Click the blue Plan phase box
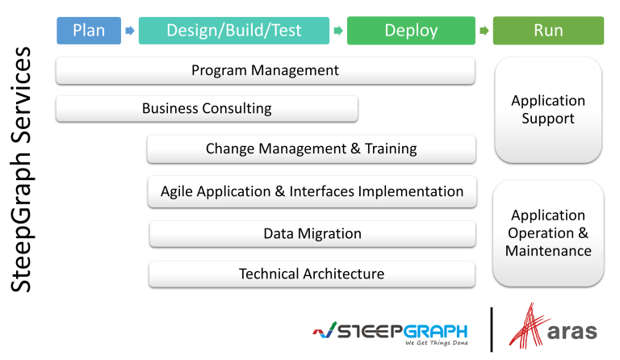click(x=89, y=31)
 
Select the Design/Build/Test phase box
click(x=234, y=31)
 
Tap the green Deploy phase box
click(x=411, y=31)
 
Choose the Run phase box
click(x=548, y=31)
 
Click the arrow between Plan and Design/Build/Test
click(x=129, y=31)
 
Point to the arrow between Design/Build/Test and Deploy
click(x=338, y=31)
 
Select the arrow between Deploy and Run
click(x=484, y=31)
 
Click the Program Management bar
click(x=265, y=70)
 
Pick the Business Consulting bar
click(x=207, y=108)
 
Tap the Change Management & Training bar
click(x=311, y=149)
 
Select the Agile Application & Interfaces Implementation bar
click(x=312, y=191)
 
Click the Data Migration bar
click(x=312, y=234)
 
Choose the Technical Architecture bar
click(x=312, y=274)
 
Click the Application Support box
click(x=548, y=110)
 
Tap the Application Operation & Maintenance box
click(x=548, y=233)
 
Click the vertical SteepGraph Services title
click(x=22, y=170)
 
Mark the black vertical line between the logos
click(x=492, y=329)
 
